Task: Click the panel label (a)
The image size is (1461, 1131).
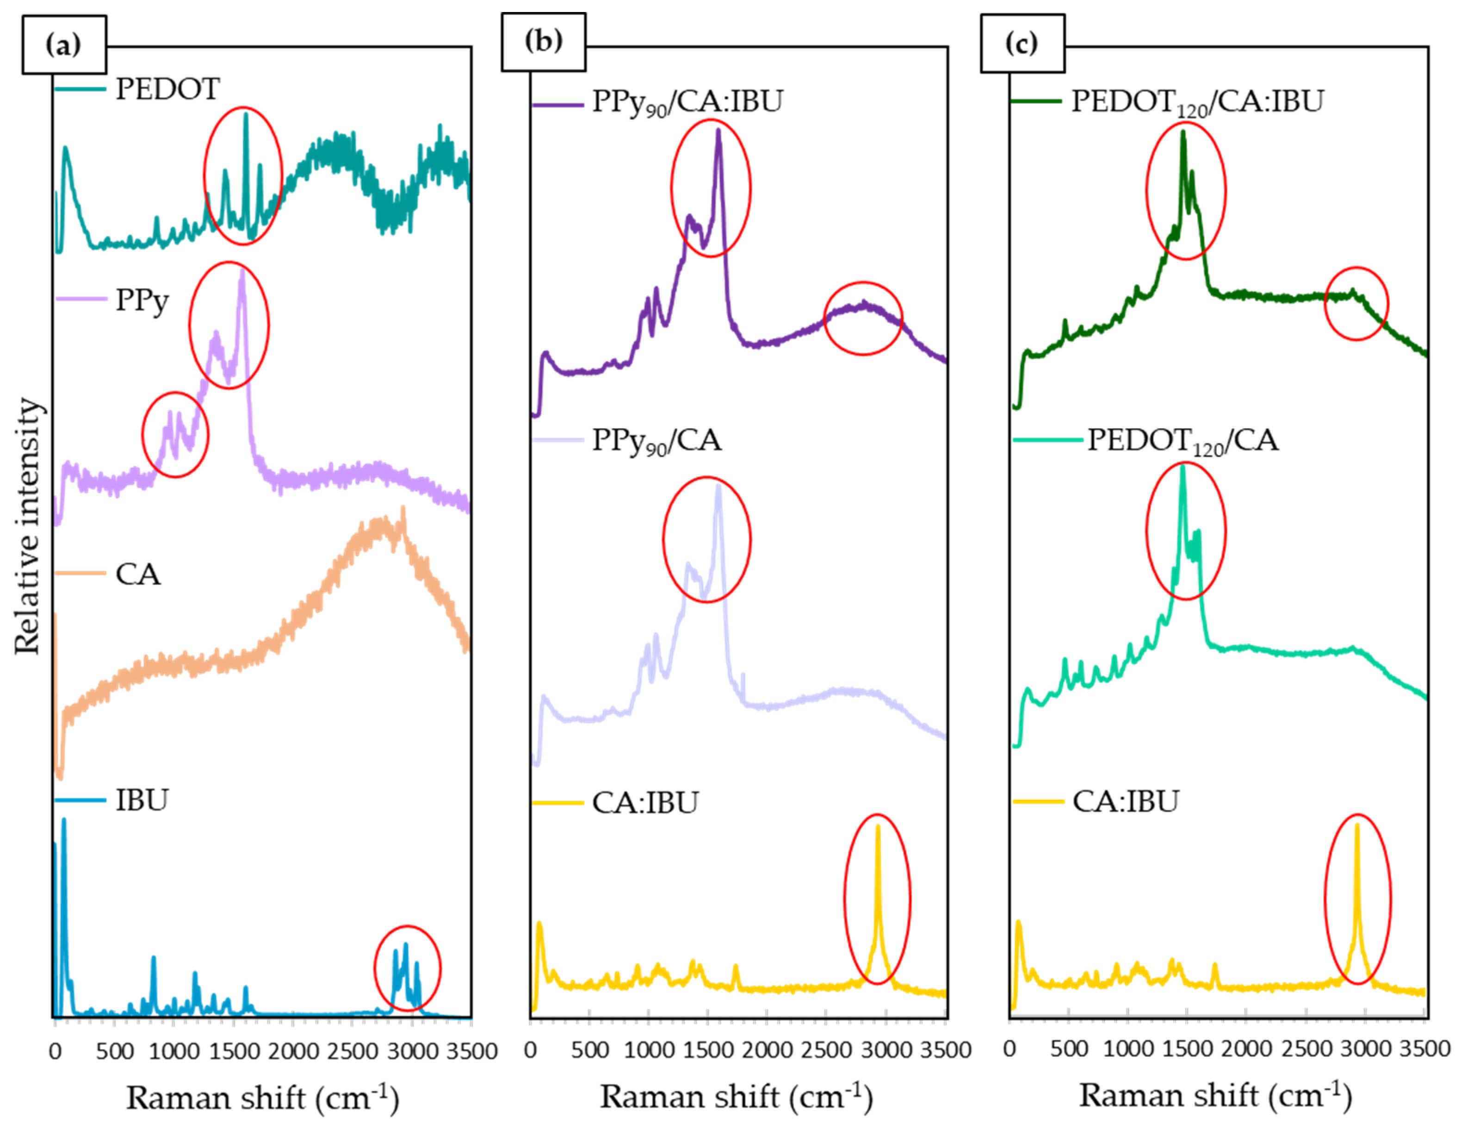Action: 63,45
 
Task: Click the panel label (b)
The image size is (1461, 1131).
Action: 543,42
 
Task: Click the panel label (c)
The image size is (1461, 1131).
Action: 1022,44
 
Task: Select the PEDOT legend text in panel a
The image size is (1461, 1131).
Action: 167,89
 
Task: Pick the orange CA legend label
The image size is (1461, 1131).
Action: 138,574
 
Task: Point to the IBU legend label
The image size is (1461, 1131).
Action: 142,800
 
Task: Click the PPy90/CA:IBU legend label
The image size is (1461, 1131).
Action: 687,102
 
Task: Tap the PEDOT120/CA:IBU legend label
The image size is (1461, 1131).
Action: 1197,102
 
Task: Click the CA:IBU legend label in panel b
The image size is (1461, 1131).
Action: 645,802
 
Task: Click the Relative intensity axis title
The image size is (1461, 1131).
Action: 28,526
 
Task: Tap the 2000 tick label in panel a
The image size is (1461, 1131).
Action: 293,1051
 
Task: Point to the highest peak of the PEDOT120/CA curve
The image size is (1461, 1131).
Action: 1182,467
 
